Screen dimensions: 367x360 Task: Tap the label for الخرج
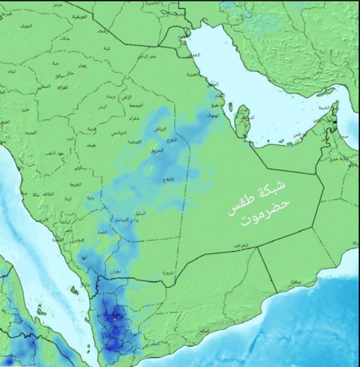tap(171, 140)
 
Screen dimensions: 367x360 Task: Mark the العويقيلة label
tap(77, 14)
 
